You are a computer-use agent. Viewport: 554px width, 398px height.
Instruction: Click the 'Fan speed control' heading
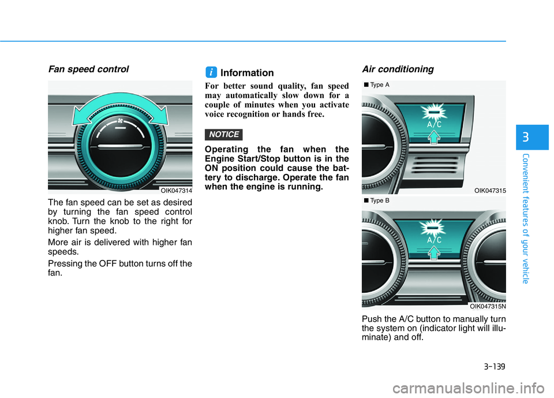88,69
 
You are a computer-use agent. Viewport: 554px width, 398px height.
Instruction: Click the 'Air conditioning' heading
398,69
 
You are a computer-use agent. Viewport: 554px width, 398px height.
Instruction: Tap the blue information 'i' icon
212,72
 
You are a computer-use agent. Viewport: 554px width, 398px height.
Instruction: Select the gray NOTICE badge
224,135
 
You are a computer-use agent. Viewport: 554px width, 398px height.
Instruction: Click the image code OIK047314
176,190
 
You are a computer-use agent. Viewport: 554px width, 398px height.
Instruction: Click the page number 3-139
494,364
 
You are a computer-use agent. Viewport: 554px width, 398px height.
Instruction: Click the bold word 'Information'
247,73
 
